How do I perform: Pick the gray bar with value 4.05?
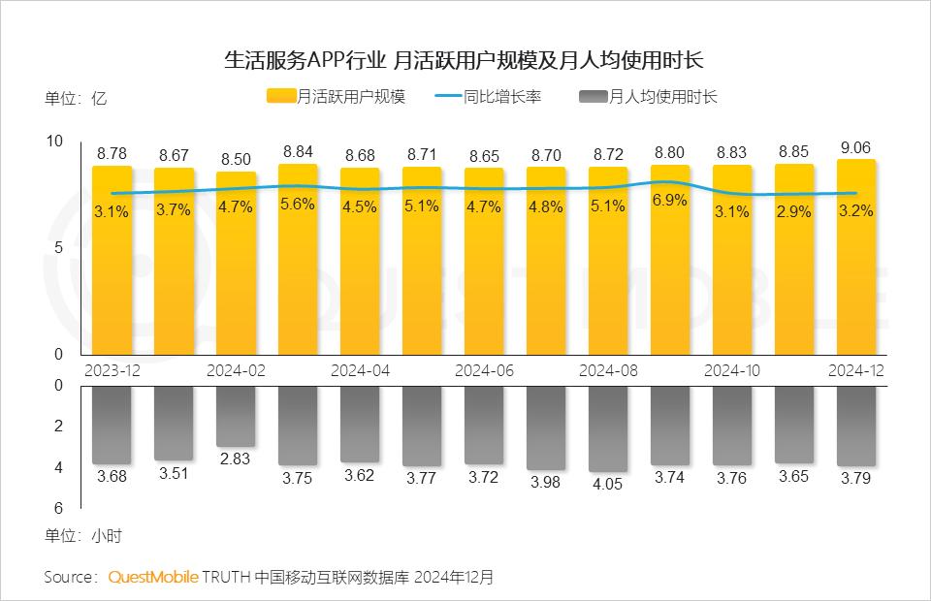(608, 427)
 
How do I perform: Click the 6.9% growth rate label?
(670, 201)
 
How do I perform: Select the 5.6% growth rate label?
(298, 205)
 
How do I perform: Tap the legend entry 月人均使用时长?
(650, 97)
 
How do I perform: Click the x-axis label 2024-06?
(484, 370)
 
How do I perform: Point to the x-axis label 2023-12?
(112, 370)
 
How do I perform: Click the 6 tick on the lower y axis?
(58, 508)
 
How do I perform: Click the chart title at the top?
(465, 60)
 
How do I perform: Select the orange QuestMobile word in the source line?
(152, 577)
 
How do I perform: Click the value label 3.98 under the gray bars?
(546, 483)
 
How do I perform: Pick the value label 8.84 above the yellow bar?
(298, 152)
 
